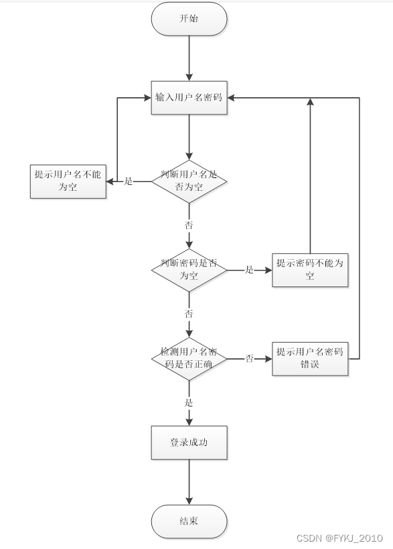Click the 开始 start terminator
pyautogui.click(x=189, y=19)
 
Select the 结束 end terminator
pyautogui.click(x=189, y=522)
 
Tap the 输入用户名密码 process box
pyautogui.click(x=189, y=98)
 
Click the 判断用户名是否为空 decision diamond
pyautogui.click(x=189, y=181)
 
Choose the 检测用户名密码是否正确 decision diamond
pyautogui.click(x=189, y=358)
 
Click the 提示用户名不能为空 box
pyautogui.click(x=68, y=181)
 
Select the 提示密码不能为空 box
pyautogui.click(x=310, y=269)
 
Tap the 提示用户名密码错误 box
pyautogui.click(x=310, y=358)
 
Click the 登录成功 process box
pyautogui.click(x=189, y=443)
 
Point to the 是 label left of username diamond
pyautogui.click(x=129, y=181)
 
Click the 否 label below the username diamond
pyautogui.click(x=189, y=224)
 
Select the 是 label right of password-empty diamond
pyautogui.click(x=250, y=270)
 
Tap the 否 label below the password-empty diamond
pyautogui.click(x=189, y=313)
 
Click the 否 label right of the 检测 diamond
pyautogui.click(x=250, y=359)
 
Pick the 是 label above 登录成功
pyautogui.click(x=189, y=402)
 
